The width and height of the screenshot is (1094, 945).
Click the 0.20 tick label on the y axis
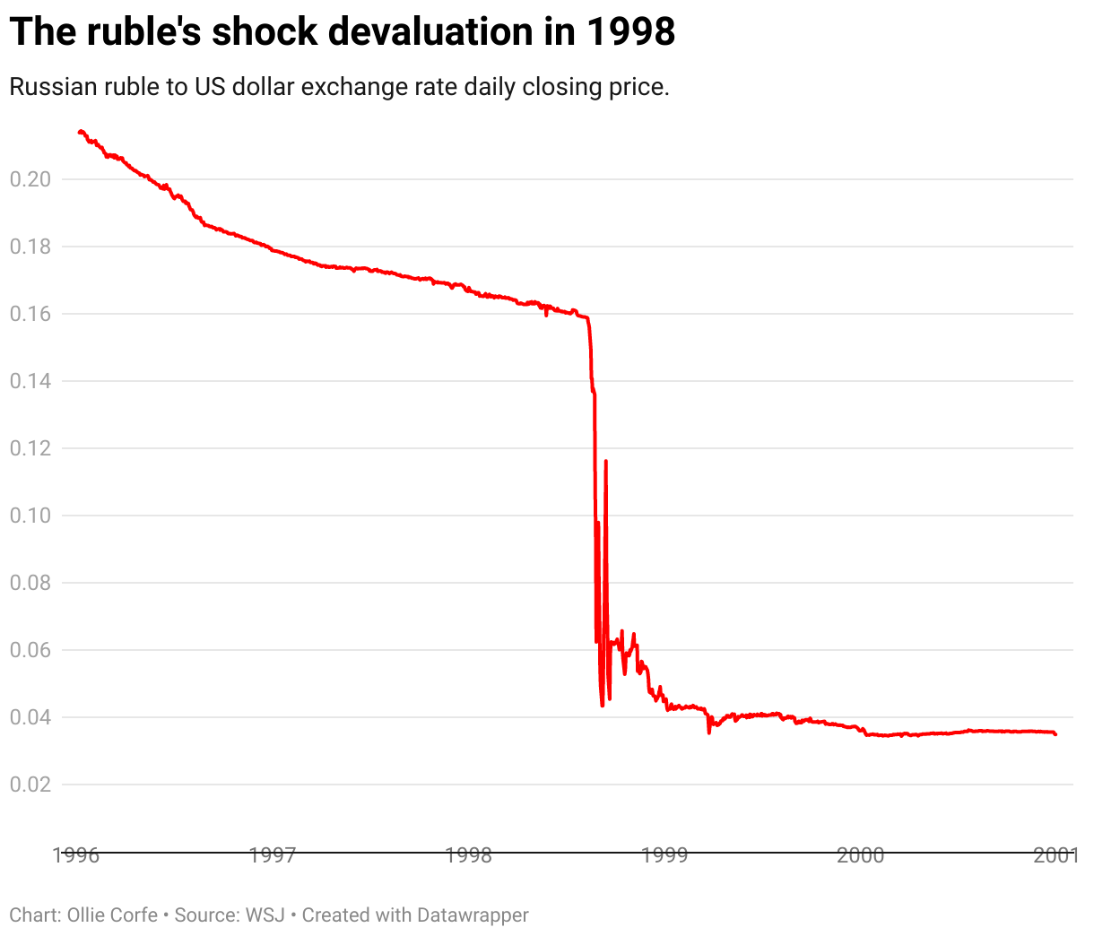[30, 179]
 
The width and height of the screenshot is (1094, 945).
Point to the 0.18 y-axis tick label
[30, 247]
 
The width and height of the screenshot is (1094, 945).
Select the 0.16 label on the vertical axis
[30, 314]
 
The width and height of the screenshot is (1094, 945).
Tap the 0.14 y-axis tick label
[30, 381]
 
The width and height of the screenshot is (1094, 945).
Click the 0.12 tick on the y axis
[30, 448]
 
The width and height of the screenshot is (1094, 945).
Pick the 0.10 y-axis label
[30, 516]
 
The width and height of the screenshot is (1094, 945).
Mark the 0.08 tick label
[30, 583]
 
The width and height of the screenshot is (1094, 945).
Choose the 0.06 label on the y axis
[30, 650]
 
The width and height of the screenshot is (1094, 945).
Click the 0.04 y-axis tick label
[30, 717]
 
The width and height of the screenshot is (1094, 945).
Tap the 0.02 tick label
[30, 785]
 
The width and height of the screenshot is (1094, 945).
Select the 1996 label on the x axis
[76, 854]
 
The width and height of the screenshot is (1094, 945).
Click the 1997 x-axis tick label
[273, 854]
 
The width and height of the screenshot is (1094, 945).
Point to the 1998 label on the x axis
[469, 854]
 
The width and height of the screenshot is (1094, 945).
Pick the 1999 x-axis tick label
[664, 854]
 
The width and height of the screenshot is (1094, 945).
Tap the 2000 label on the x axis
[861, 854]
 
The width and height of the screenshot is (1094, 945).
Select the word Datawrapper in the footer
[472, 915]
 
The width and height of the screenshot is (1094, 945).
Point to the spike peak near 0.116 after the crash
[606, 461]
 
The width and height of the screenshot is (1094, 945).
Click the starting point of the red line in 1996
[80, 132]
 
